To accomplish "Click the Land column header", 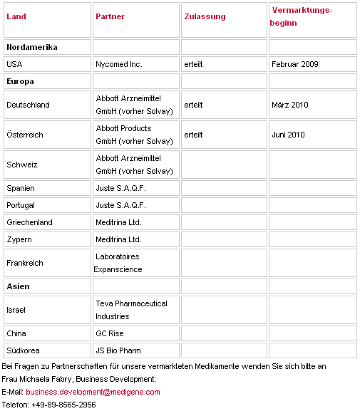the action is (x=16, y=16).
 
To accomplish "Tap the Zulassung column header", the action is (x=205, y=16).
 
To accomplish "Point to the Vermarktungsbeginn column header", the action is (x=302, y=16).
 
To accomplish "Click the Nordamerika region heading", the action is (x=32, y=47).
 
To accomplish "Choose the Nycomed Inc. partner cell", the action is (x=119, y=64).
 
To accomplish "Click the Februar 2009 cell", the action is (x=295, y=64).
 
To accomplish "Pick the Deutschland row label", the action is (x=28, y=105).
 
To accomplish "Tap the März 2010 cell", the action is (x=290, y=105).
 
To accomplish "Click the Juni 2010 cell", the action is (x=289, y=135).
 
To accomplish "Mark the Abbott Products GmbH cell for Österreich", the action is (x=134, y=135).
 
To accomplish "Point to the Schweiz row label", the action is (x=21, y=165).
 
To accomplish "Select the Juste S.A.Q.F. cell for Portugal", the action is (x=120, y=205).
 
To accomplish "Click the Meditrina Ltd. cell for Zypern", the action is (x=118, y=239).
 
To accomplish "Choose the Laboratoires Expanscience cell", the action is (x=118, y=263).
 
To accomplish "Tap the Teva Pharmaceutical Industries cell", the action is (x=131, y=310).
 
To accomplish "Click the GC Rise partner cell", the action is (x=110, y=333).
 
